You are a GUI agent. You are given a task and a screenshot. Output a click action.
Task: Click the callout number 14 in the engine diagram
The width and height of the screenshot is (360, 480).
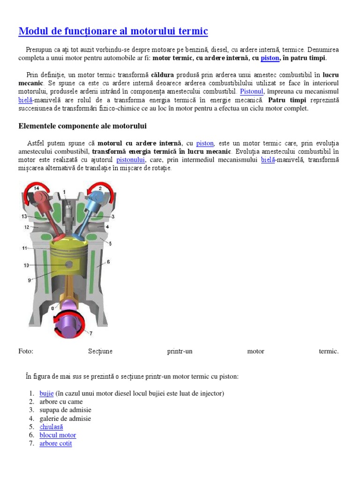(x=36, y=188)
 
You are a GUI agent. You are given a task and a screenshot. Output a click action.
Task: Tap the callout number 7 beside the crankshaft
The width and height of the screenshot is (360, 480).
(x=90, y=333)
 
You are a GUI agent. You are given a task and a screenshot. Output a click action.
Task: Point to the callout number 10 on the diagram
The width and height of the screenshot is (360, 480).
(x=27, y=265)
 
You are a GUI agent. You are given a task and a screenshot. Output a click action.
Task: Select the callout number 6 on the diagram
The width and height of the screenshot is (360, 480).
(x=108, y=262)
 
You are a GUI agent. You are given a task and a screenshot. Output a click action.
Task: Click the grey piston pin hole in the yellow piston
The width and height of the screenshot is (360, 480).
(x=69, y=265)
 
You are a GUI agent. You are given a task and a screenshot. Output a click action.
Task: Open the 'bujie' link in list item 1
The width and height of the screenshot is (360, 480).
(x=46, y=393)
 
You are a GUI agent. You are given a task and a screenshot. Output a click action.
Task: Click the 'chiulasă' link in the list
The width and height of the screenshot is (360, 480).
(x=51, y=427)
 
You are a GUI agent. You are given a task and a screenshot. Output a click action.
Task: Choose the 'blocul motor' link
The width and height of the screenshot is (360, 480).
(x=58, y=435)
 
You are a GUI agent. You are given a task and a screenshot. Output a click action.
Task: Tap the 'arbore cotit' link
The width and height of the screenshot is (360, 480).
(x=56, y=444)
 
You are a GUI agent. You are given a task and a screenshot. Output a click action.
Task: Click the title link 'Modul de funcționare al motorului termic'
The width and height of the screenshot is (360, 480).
(x=113, y=31)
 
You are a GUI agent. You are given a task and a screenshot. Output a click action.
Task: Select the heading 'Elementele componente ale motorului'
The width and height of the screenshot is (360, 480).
(x=82, y=126)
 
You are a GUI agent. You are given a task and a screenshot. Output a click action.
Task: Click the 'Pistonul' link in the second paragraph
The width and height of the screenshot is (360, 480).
(x=252, y=91)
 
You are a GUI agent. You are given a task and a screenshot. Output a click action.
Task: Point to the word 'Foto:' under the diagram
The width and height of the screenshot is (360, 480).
(x=26, y=351)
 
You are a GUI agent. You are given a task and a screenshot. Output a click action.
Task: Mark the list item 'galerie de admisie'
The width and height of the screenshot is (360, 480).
(x=65, y=419)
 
